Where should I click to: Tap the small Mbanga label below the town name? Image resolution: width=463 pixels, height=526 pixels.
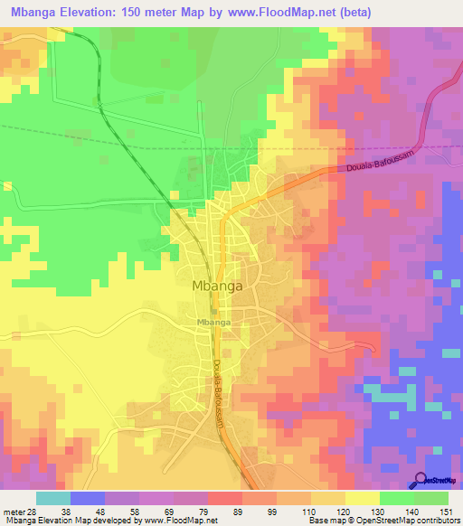point(213,322)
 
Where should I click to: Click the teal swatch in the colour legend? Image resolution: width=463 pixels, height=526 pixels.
point(53,498)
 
